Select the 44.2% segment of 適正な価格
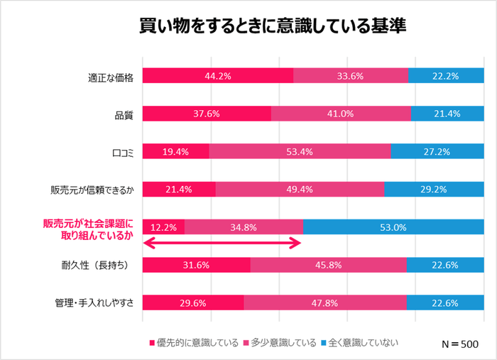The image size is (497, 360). [218, 75]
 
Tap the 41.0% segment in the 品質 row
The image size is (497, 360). [341, 113]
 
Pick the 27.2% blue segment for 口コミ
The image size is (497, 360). [438, 151]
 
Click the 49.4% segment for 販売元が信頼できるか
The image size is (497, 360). [300, 189]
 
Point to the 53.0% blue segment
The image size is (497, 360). [394, 227]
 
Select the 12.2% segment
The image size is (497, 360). [164, 227]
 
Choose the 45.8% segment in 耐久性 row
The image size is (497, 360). [329, 265]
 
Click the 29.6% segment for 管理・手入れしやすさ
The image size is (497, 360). [193, 302]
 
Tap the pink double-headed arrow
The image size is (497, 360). [223, 244]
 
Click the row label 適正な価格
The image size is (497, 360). [106, 76]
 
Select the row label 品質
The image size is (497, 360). [124, 114]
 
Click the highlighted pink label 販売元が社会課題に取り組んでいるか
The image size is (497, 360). [89, 228]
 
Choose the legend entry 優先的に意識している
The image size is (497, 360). [192, 343]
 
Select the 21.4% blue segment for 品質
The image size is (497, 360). [448, 113]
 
